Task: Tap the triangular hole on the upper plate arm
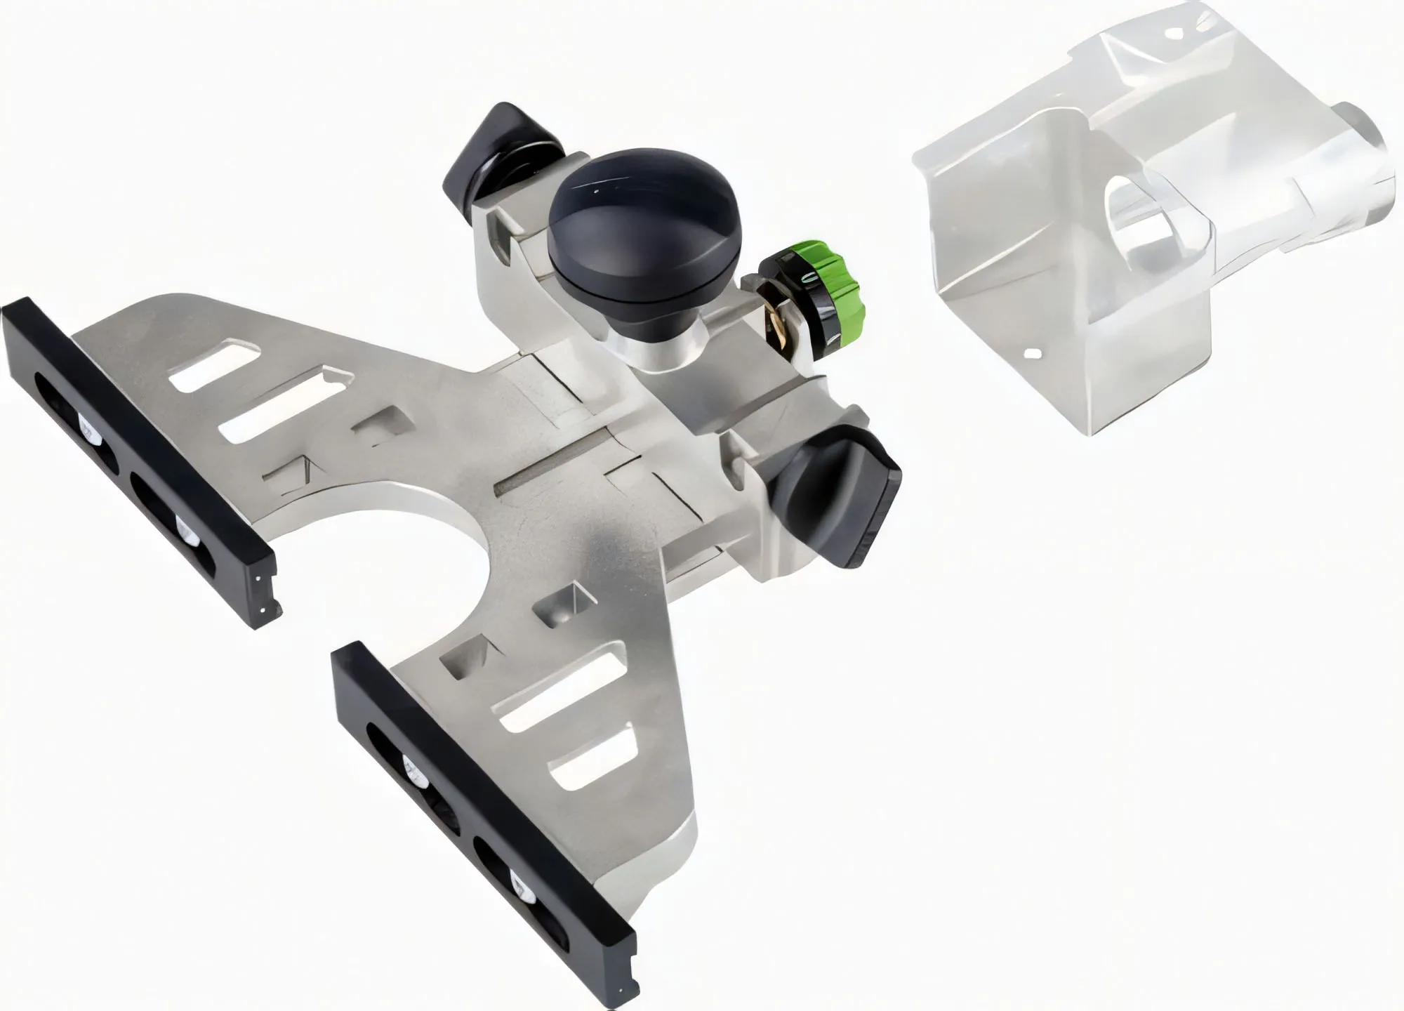(288, 471)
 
